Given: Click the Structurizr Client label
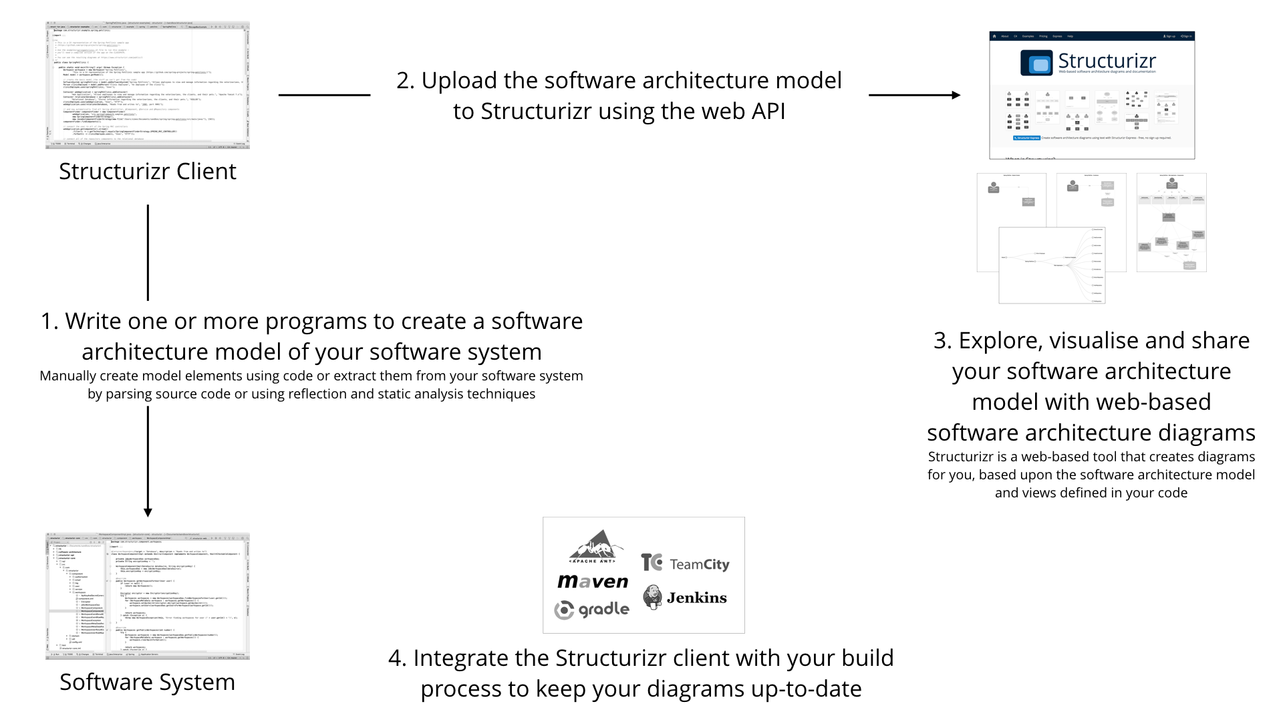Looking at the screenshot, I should click(147, 172).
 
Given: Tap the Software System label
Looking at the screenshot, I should click(147, 683).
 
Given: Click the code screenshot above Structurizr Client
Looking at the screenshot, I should click(147, 85).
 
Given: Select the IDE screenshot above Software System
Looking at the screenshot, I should click(147, 596).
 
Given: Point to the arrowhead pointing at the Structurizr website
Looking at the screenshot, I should click(956, 95).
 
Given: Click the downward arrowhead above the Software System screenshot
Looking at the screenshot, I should click(148, 512).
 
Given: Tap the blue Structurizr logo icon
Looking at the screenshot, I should click(1036, 64).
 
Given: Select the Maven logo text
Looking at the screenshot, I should click(593, 582).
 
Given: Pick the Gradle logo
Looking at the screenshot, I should click(592, 610).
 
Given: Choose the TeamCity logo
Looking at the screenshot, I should click(685, 564).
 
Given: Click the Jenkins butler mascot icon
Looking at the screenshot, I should click(652, 596).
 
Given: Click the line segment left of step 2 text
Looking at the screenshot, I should click(324, 95).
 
